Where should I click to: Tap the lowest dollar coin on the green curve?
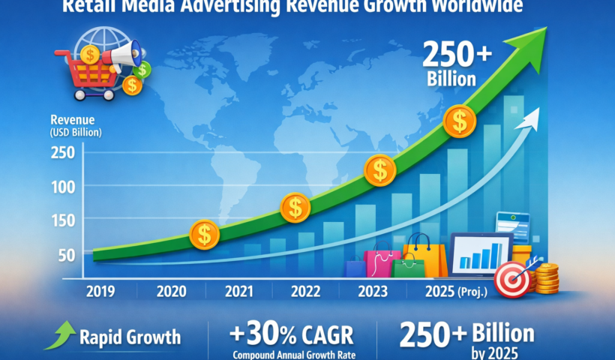[204, 235]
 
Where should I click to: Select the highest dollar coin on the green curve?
[459, 120]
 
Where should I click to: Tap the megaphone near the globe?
[119, 54]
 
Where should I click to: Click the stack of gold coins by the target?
[547, 278]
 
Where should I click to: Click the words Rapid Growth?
[129, 337]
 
